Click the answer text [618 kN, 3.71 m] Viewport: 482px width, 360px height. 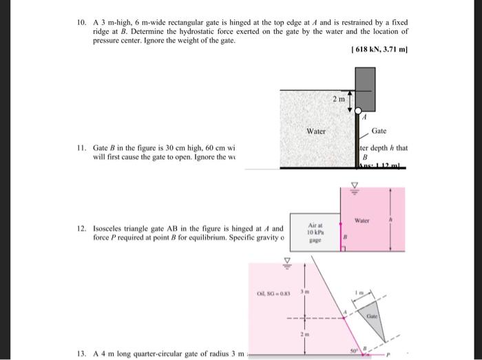coord(379,50)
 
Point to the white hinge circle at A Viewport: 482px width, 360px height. coord(357,111)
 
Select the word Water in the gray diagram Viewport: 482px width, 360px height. coord(316,131)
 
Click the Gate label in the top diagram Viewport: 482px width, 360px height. coord(379,131)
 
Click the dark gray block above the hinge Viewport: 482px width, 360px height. coord(364,89)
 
